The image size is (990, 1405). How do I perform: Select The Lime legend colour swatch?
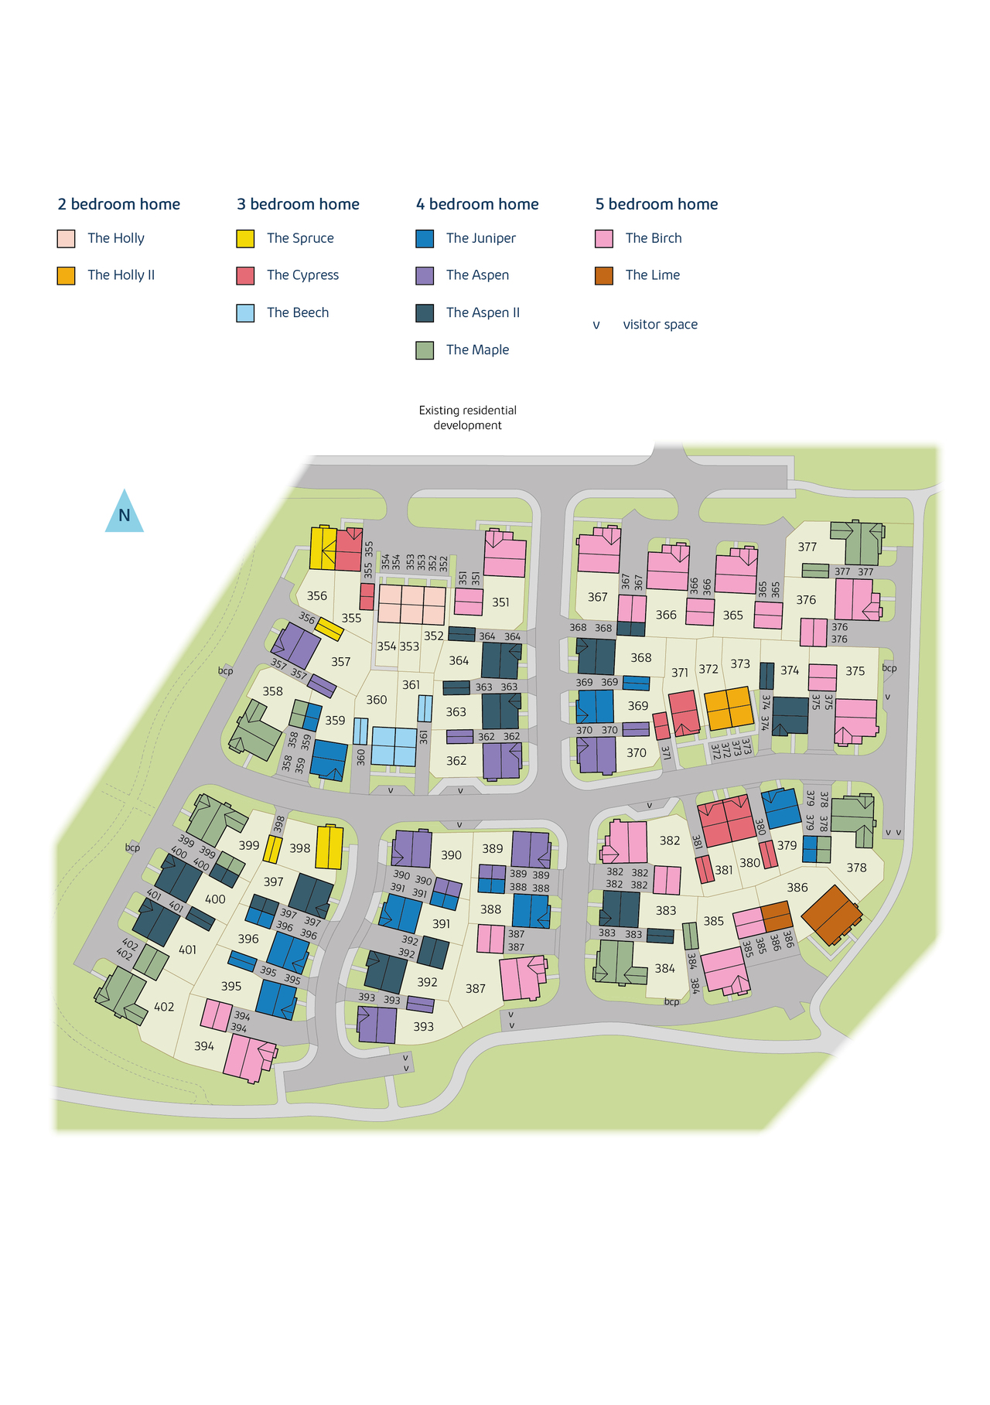(x=604, y=275)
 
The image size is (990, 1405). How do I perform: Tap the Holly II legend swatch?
(x=67, y=275)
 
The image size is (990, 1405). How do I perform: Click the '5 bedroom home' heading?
(x=656, y=204)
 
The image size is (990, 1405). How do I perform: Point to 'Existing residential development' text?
(x=467, y=418)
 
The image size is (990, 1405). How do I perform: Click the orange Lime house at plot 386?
(x=831, y=916)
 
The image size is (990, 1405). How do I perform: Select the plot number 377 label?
(x=807, y=547)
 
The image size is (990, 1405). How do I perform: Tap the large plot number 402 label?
(x=164, y=1007)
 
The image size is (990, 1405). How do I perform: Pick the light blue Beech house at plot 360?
(x=394, y=746)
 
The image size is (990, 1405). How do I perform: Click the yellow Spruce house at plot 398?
(x=329, y=847)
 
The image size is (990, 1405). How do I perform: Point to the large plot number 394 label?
(x=204, y=1046)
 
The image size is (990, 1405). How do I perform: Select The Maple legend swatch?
(x=425, y=350)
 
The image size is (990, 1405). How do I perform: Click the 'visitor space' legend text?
(x=660, y=325)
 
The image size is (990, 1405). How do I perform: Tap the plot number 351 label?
(x=500, y=602)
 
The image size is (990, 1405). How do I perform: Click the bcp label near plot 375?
(x=889, y=668)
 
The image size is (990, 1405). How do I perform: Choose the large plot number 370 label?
(x=636, y=752)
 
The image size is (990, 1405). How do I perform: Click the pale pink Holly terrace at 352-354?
(x=411, y=605)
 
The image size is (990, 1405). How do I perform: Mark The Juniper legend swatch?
(x=425, y=238)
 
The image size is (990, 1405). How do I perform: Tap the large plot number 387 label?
(x=475, y=988)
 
